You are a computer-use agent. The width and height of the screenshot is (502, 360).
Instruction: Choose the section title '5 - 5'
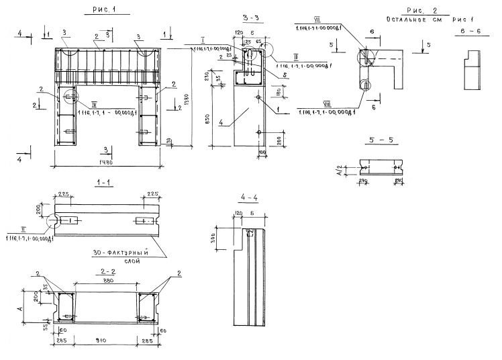pos(381,140)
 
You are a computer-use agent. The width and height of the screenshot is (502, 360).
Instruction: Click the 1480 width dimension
pos(107,163)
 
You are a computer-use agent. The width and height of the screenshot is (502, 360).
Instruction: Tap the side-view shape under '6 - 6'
pos(474,69)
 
